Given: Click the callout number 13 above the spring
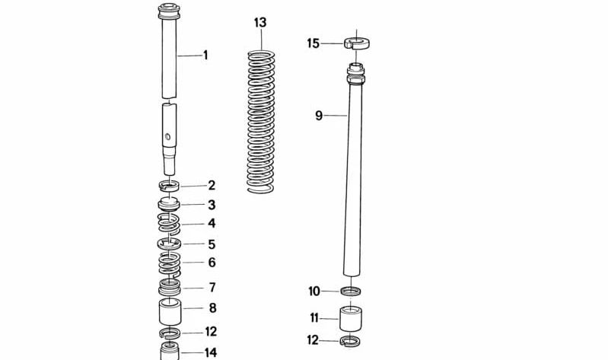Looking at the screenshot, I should [x=260, y=23].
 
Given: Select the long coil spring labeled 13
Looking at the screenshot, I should [x=261, y=122].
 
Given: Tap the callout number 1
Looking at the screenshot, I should [x=205, y=55].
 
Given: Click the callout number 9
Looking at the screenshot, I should [x=319, y=116].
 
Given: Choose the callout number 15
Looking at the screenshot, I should [x=314, y=43].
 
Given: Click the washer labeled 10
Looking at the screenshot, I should [x=351, y=291].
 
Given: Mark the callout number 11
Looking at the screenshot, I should [x=314, y=317].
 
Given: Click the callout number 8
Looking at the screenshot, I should [x=212, y=308].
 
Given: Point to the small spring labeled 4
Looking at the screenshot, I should [x=169, y=224].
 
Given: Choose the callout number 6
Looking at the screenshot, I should [x=212, y=262].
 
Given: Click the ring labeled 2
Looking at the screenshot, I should [x=169, y=186].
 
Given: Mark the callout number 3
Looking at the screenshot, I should [x=212, y=205].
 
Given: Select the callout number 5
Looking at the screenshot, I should [x=212, y=244].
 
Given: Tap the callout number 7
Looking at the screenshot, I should [x=212, y=287].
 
